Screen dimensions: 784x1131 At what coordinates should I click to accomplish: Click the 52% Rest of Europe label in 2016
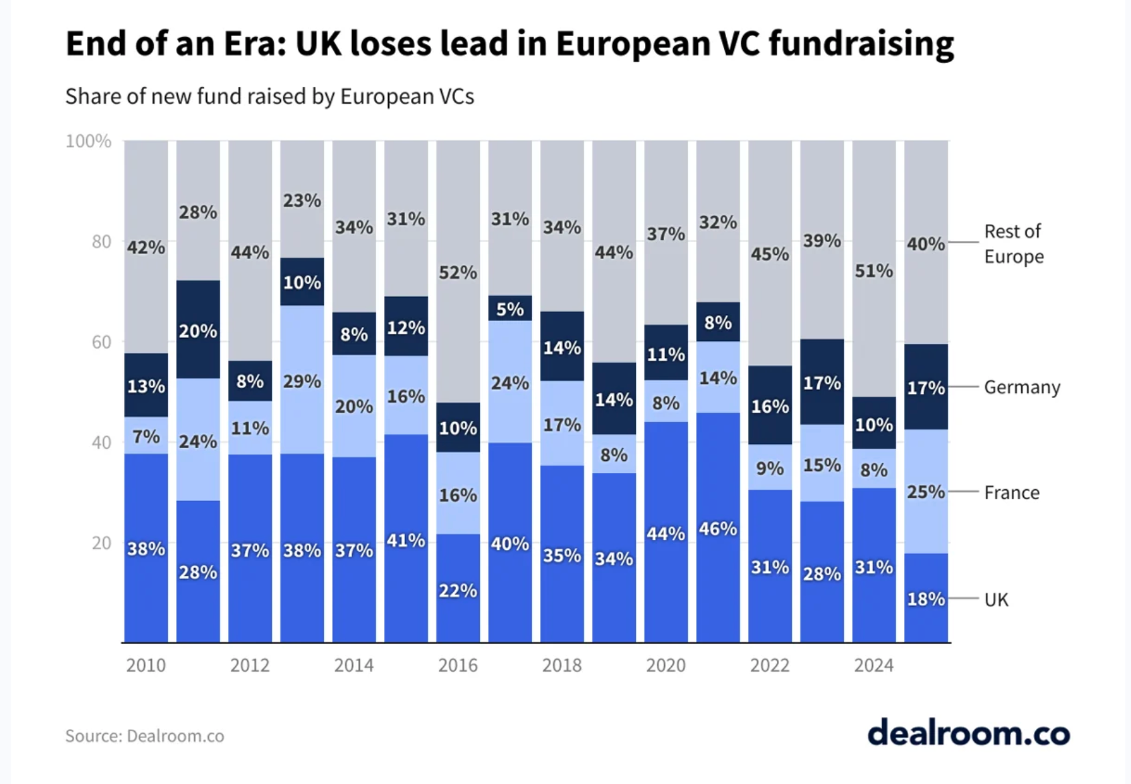458,273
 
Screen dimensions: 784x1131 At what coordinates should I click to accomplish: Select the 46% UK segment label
718,529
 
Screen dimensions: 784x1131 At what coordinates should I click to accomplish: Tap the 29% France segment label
302,381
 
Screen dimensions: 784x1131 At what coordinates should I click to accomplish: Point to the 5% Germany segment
510,309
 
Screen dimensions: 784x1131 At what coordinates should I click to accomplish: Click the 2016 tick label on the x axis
458,665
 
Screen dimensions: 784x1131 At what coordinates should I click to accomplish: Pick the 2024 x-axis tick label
873,665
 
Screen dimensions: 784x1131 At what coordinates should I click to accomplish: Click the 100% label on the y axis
88,141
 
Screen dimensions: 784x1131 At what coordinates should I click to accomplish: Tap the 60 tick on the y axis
101,342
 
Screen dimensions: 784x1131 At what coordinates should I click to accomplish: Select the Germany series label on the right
1022,387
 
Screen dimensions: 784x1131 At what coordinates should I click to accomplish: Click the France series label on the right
1011,492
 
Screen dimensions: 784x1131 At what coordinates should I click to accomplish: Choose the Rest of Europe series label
1013,243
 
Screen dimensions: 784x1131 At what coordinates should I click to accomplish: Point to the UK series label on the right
996,599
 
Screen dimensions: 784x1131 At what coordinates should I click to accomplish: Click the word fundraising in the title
861,43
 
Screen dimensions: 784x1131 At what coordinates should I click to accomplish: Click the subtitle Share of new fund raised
270,96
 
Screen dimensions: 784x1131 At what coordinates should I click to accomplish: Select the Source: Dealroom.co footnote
145,736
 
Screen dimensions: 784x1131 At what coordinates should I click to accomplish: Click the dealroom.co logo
968,733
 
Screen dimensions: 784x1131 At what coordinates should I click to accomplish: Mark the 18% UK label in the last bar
926,599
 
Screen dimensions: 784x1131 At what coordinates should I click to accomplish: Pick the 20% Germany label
198,331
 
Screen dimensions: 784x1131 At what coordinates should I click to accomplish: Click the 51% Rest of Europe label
873,271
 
